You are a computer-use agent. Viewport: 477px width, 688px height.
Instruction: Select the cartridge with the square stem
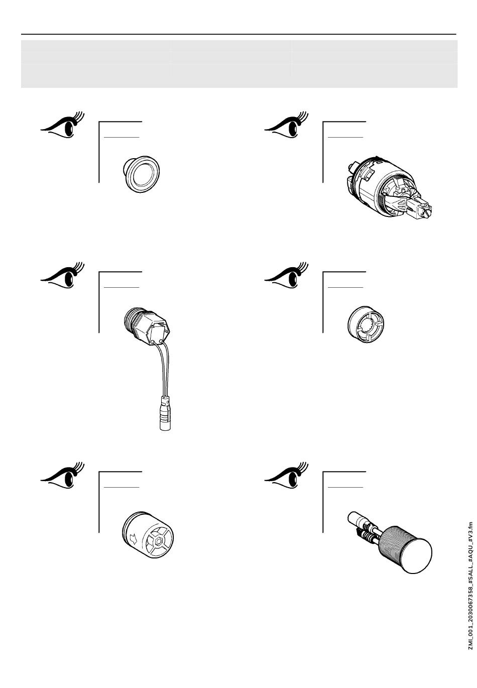click(x=389, y=187)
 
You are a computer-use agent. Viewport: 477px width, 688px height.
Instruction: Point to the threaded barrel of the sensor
click(x=392, y=543)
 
